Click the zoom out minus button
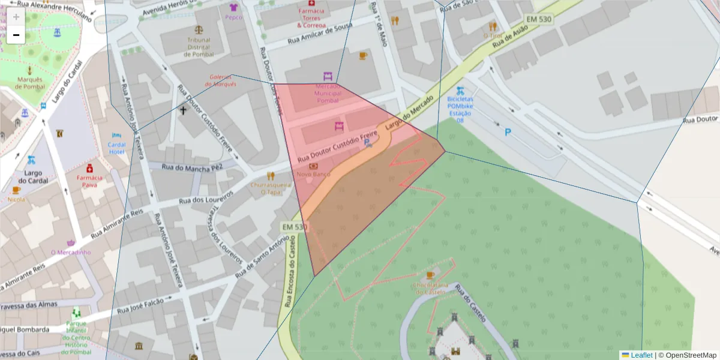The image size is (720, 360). pyautogui.click(x=16, y=35)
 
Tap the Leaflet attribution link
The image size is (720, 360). pyautogui.click(x=641, y=355)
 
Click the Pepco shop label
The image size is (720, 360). pyautogui.click(x=233, y=17)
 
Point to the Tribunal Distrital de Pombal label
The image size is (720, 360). pyautogui.click(x=199, y=47)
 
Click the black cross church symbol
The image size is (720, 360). pyautogui.click(x=184, y=110)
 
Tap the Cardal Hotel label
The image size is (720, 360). pyautogui.click(x=116, y=148)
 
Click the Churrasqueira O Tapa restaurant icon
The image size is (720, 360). pyautogui.click(x=271, y=176)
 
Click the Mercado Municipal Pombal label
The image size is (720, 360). pyautogui.click(x=328, y=94)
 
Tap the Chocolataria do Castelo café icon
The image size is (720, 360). pyautogui.click(x=430, y=275)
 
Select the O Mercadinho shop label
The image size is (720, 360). pyautogui.click(x=71, y=252)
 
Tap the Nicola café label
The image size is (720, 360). pyautogui.click(x=16, y=199)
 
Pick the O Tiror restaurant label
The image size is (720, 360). pyautogui.click(x=493, y=35)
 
